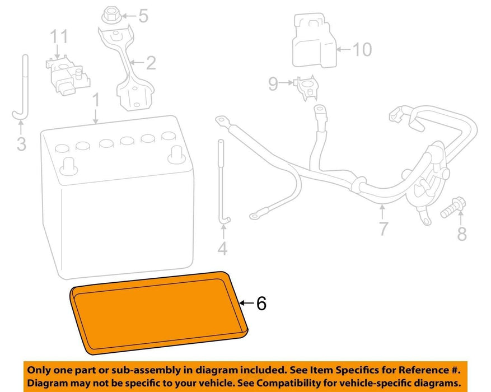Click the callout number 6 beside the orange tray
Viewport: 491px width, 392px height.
[261, 303]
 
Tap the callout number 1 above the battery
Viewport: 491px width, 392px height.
[96, 100]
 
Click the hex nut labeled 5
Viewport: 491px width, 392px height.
[110, 16]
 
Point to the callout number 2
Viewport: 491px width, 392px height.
[151, 63]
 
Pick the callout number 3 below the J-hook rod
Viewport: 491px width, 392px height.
[21, 144]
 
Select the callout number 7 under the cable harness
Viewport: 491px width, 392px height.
[384, 228]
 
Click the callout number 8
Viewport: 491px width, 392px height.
[462, 234]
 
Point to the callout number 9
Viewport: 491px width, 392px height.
[273, 83]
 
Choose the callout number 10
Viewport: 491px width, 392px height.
[362, 49]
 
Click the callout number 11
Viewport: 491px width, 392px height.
[59, 36]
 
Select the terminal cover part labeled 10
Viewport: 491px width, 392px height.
[314, 41]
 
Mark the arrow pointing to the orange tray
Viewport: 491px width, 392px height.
[247, 303]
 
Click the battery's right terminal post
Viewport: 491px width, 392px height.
[176, 155]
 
